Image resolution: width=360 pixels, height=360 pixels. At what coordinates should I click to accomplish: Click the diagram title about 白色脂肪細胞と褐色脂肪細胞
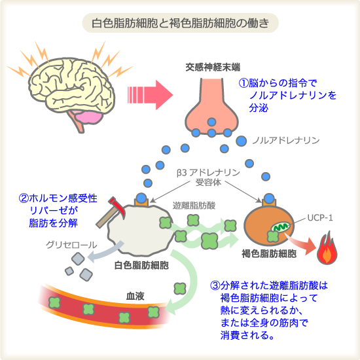pyautogui.click(x=180, y=23)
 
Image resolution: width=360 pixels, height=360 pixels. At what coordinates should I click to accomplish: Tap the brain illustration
pyautogui.click(x=71, y=92)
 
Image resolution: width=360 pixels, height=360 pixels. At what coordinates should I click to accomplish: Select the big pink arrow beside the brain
pyautogui.click(x=150, y=95)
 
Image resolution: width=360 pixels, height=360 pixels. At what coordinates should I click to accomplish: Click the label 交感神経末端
pyautogui.click(x=213, y=67)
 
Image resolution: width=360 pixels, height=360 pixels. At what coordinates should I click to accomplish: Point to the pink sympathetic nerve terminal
pyautogui.click(x=211, y=108)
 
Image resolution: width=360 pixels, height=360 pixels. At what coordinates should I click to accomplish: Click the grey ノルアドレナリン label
pyautogui.click(x=286, y=140)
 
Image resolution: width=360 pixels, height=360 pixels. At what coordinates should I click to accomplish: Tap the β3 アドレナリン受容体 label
pyautogui.click(x=208, y=177)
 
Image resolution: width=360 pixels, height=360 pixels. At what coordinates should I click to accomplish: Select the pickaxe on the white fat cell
pyautogui.click(x=110, y=212)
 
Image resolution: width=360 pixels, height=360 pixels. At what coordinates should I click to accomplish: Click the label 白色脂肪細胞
pyautogui.click(x=141, y=265)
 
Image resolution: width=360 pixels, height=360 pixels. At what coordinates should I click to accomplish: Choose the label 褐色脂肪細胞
pyautogui.click(x=269, y=254)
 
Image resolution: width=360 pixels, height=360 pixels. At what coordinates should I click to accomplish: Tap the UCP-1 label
pyautogui.click(x=320, y=218)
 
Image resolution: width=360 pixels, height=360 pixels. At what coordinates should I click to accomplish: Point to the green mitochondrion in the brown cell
pyautogui.click(x=280, y=228)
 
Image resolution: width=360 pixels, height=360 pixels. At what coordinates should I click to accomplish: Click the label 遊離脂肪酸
pyautogui.click(x=194, y=206)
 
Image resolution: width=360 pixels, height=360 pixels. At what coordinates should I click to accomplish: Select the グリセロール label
pyautogui.click(x=71, y=245)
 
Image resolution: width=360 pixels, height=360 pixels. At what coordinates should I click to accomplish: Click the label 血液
pyautogui.click(x=135, y=296)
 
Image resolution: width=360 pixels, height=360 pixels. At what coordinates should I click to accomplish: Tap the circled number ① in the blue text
pyautogui.click(x=243, y=83)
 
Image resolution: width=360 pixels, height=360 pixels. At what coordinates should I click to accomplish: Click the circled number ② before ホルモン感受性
pyautogui.click(x=24, y=198)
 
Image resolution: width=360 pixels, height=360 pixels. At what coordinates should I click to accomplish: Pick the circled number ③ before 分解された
pyautogui.click(x=215, y=285)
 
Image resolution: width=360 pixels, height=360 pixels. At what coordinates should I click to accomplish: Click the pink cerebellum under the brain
pyautogui.click(x=88, y=118)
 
